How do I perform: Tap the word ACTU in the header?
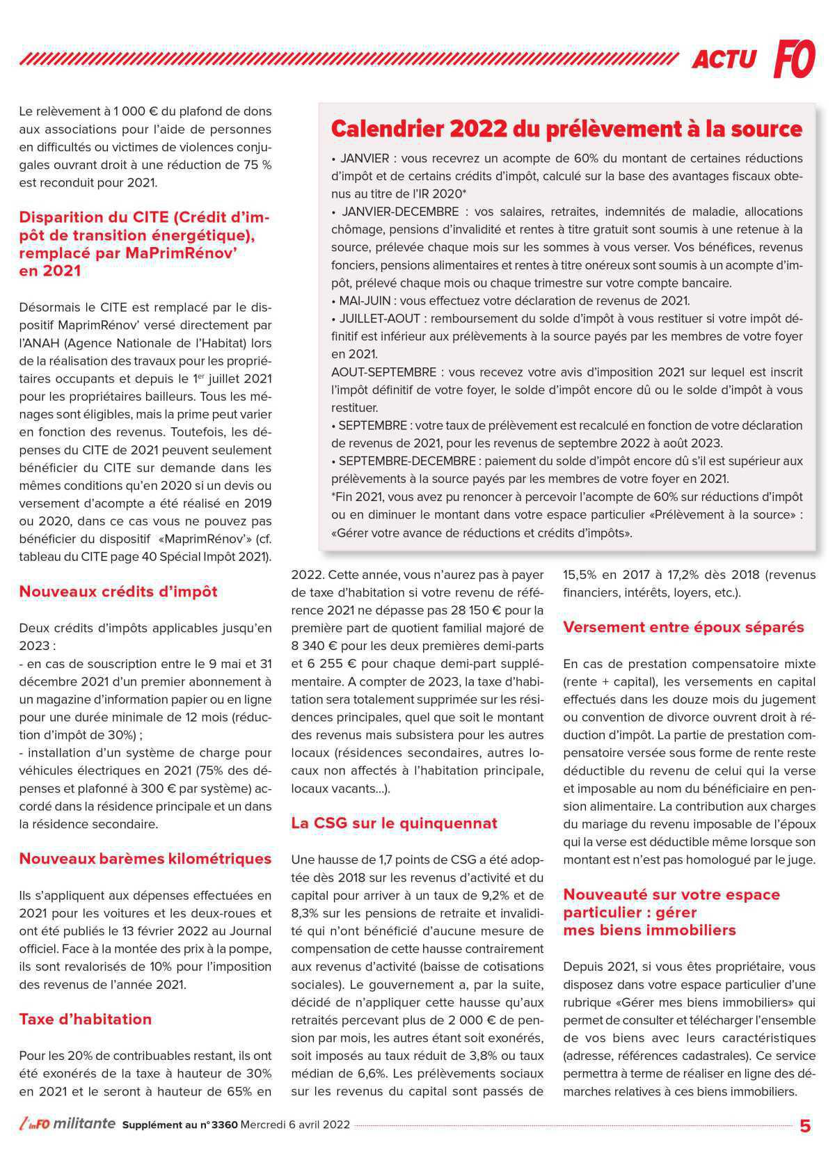(x=724, y=60)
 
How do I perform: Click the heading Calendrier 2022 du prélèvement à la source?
(x=566, y=129)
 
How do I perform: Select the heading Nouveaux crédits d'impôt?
(x=118, y=592)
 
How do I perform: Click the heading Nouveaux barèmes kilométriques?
(x=145, y=860)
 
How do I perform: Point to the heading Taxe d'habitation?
(x=85, y=1020)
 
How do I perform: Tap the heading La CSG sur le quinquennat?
(x=394, y=824)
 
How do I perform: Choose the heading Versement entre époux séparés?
(x=683, y=628)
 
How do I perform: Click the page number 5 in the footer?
(x=805, y=1126)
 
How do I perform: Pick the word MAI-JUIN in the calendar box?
(x=365, y=301)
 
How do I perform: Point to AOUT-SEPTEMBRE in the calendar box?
(x=383, y=372)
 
